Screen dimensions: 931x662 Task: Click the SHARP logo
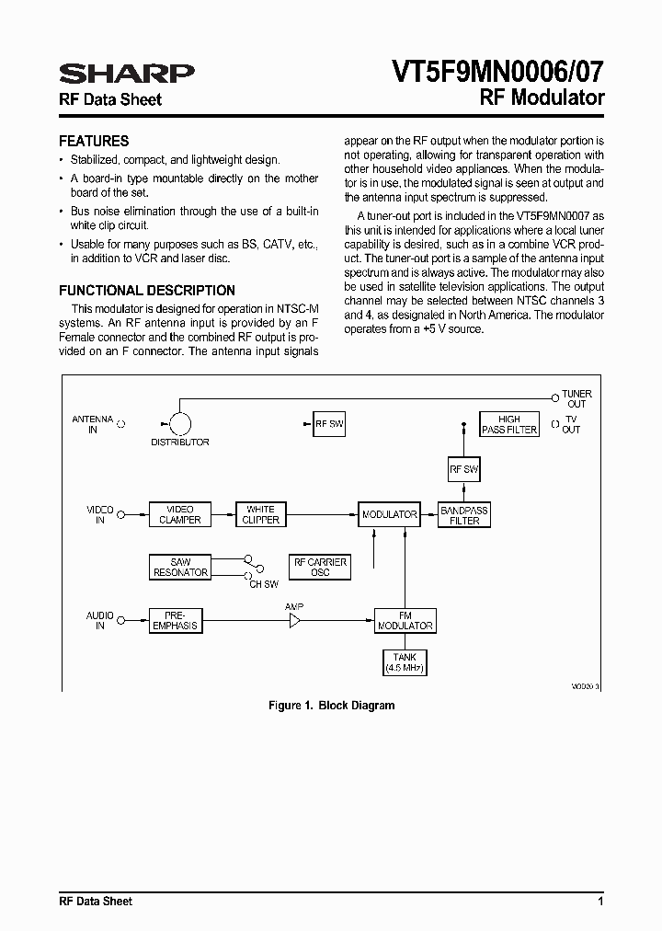(x=126, y=74)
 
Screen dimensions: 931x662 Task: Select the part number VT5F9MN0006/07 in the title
(x=497, y=72)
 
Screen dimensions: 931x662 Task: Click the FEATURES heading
(x=94, y=142)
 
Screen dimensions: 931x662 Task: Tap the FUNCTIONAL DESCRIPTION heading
(x=147, y=290)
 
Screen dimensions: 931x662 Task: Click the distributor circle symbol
(x=180, y=424)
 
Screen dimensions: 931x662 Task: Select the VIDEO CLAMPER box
(x=180, y=514)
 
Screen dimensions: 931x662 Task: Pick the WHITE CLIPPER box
(x=261, y=514)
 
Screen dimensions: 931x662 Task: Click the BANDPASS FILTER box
(x=464, y=515)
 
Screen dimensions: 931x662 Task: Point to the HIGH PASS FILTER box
(x=509, y=424)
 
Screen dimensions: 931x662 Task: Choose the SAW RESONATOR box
(x=180, y=567)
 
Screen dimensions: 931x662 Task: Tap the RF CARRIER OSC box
(x=319, y=567)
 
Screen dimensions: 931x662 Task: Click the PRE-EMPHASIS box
(x=180, y=620)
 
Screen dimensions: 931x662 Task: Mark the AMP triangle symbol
(x=295, y=622)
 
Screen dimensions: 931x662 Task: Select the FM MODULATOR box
(x=405, y=620)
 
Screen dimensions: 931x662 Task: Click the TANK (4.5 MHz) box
(x=405, y=662)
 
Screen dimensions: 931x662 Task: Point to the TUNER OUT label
(x=576, y=398)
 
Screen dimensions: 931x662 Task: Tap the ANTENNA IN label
(x=92, y=424)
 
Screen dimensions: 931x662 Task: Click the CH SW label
(x=264, y=584)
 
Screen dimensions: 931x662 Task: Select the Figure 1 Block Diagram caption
(x=331, y=706)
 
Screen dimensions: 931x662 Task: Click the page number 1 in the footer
(x=599, y=901)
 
